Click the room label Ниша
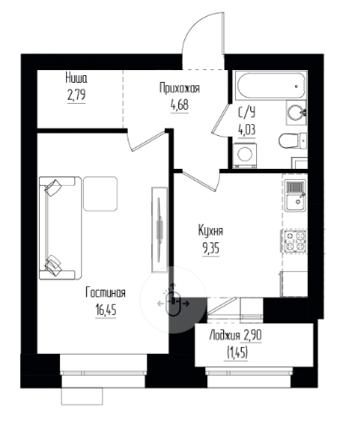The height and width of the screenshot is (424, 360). (x=76, y=78)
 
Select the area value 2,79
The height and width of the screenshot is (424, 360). (x=76, y=95)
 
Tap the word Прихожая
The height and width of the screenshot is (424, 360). (x=179, y=88)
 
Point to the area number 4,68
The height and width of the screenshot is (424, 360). (x=179, y=105)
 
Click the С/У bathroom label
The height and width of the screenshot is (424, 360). (x=247, y=112)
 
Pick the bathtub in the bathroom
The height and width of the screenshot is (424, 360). (x=271, y=85)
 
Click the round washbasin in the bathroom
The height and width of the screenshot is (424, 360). (x=296, y=112)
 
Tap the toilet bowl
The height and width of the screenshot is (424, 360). (x=292, y=140)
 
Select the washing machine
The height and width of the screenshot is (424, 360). (x=245, y=155)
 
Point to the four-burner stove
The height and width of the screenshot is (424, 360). (x=295, y=242)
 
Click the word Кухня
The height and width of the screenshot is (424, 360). (x=210, y=231)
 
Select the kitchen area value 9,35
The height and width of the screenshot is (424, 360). (x=210, y=248)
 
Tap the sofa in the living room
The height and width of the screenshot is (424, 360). (x=60, y=228)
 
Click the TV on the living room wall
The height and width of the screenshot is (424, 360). (x=160, y=230)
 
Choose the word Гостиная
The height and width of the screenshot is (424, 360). (x=106, y=293)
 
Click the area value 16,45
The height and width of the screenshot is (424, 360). (x=106, y=310)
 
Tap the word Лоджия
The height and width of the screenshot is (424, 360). (x=225, y=335)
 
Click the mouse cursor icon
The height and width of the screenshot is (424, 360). (x=173, y=303)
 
